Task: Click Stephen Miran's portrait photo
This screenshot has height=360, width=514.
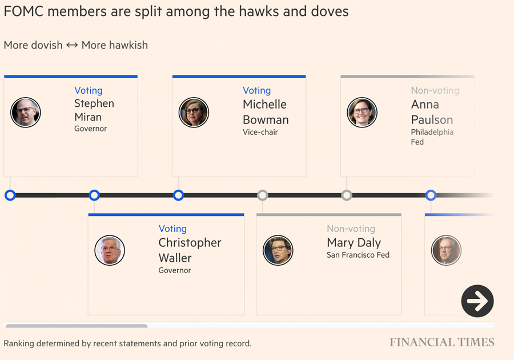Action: [x=26, y=112]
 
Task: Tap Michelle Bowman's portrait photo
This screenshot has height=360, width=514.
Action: [x=194, y=112]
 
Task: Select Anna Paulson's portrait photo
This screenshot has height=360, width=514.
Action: [x=362, y=112]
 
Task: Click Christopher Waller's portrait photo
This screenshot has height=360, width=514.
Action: [x=110, y=250]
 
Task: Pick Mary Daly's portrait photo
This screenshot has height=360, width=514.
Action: [x=278, y=250]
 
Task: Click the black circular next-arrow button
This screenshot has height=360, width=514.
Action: [x=477, y=301]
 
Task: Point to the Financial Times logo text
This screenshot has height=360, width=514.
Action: [x=442, y=343]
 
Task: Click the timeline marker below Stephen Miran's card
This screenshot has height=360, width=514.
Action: [x=10, y=195]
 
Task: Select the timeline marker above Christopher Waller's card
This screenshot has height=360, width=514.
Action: [x=94, y=195]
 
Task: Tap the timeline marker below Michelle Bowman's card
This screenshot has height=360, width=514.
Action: [x=178, y=195]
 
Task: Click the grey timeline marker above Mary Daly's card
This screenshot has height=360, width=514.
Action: [x=263, y=195]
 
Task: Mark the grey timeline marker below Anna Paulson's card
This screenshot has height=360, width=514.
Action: [x=347, y=195]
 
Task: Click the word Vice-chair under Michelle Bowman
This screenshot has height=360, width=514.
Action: [x=260, y=132]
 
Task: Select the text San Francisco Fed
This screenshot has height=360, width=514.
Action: [x=358, y=255]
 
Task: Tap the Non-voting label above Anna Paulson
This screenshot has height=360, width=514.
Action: [x=435, y=90]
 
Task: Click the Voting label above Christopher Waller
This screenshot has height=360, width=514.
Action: [x=172, y=229]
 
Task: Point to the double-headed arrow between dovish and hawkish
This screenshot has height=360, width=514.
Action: [x=72, y=45]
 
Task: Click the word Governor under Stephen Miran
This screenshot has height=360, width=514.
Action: [x=91, y=129]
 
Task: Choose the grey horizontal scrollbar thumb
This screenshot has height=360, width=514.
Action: [x=76, y=326]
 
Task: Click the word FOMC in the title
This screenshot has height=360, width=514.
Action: [x=23, y=11]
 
